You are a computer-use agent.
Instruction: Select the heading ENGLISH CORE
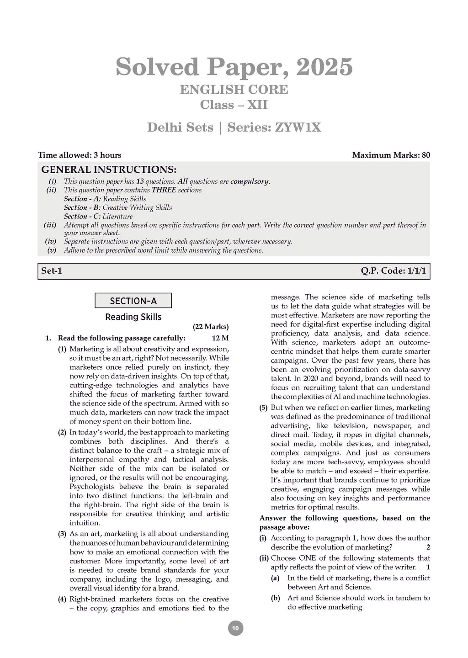pyautogui.click(x=234, y=90)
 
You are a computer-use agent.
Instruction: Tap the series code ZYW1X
pyautogui.click(x=298, y=127)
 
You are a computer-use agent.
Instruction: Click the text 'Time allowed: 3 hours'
pyautogui.click(x=80, y=155)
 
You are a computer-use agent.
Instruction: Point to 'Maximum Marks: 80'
pyautogui.click(x=391, y=155)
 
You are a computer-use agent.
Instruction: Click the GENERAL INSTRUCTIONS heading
pyautogui.click(x=109, y=170)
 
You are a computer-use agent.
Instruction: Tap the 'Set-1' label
pyautogui.click(x=52, y=271)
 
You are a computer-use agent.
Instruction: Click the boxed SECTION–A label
pyautogui.click(x=133, y=301)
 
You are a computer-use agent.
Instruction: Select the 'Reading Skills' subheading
pyautogui.click(x=133, y=317)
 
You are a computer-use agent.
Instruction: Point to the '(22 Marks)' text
pyautogui.click(x=210, y=327)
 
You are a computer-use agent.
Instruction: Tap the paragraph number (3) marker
pyautogui.click(x=62, y=534)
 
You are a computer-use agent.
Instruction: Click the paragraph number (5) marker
pyautogui.click(x=263, y=408)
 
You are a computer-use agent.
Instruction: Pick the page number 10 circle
pyautogui.click(x=235, y=628)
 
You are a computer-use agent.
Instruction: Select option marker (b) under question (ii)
pyautogui.click(x=275, y=598)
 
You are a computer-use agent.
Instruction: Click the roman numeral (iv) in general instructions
pyautogui.click(x=51, y=241)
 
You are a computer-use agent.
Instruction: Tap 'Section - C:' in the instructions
pyautogui.click(x=82, y=216)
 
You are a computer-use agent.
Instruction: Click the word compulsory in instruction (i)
pyautogui.click(x=249, y=181)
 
